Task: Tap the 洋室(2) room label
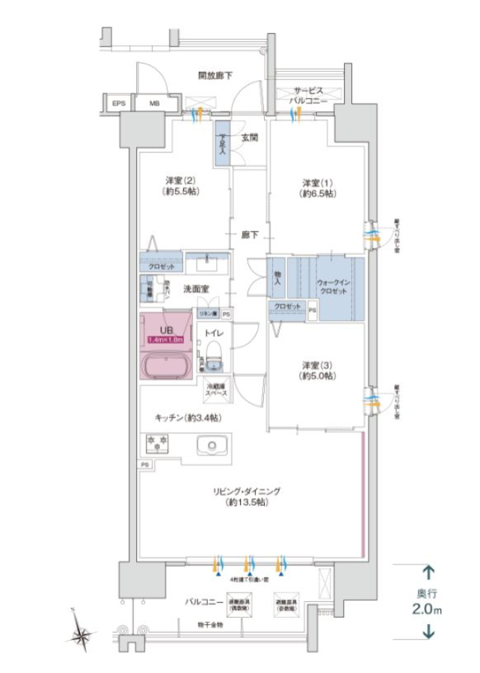[x=180, y=185]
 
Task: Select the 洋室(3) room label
[x=317, y=371]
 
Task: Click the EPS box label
[x=119, y=103]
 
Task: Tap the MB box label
[x=153, y=103]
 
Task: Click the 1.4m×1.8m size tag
[x=166, y=339]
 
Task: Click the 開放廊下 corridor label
[x=215, y=76]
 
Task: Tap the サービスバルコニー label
[x=307, y=93]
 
